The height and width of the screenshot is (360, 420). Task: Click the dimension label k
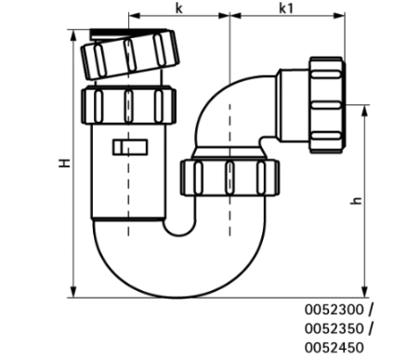(x=177, y=7)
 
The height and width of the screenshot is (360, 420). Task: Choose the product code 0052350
(x=337, y=327)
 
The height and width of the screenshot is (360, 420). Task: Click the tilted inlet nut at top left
(x=130, y=55)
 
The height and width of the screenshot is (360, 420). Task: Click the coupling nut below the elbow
(x=228, y=174)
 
